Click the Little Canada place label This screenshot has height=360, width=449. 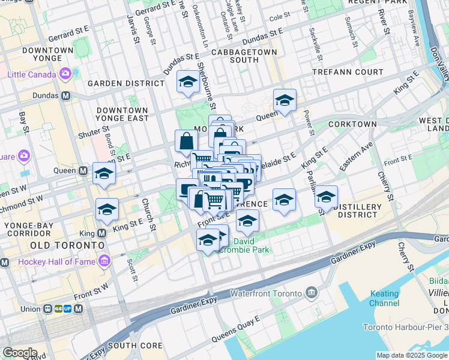point(32,74)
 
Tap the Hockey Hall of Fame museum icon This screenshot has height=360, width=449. point(106,261)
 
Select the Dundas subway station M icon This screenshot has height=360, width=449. point(64,95)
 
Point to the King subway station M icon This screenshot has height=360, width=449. point(102,233)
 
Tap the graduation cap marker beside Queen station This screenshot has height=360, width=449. point(104,173)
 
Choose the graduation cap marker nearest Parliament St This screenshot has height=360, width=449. point(326,196)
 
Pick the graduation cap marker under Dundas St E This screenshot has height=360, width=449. point(188,82)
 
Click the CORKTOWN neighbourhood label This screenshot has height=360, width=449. point(352,124)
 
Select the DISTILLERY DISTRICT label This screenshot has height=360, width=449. point(360,211)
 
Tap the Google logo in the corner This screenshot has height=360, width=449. point(19,353)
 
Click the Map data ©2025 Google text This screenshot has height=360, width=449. point(411,355)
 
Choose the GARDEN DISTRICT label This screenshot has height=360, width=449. point(126,83)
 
